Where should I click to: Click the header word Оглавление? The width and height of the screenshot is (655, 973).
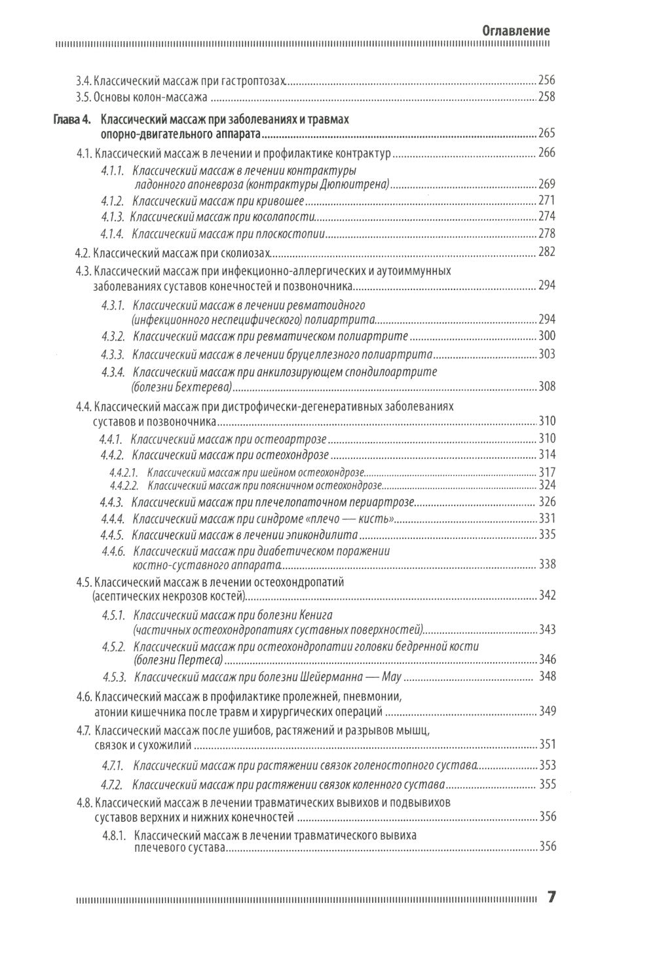point(515,31)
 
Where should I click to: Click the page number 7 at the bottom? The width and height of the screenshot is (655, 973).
point(552,897)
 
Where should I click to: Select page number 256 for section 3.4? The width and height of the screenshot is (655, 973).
point(546,81)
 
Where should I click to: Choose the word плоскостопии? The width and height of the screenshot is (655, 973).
point(293,233)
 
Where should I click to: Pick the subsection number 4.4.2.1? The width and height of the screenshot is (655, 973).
point(124,472)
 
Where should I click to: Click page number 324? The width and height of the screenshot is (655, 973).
point(546,485)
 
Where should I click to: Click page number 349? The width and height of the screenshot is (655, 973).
point(546,711)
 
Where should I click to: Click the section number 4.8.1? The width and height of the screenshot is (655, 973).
point(113,835)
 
